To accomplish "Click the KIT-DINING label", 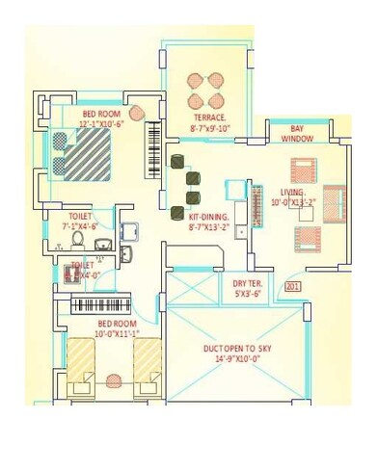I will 209,219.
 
